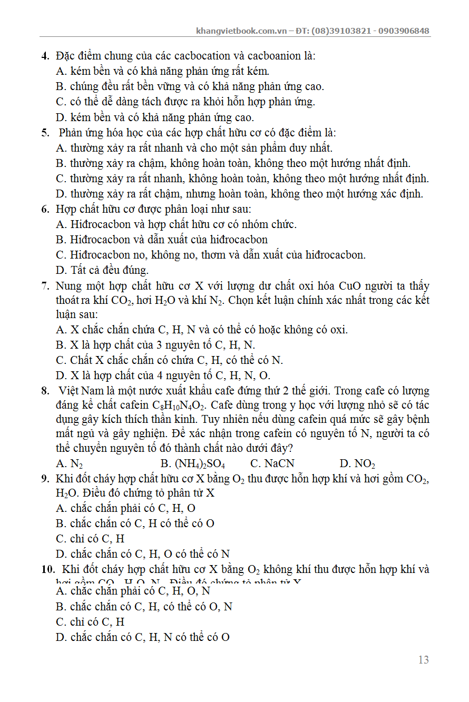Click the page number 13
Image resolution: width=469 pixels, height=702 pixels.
click(423, 660)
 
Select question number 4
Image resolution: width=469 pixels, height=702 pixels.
click(45, 56)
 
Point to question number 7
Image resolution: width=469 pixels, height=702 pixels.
click(45, 286)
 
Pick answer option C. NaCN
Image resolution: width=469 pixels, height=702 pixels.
click(272, 464)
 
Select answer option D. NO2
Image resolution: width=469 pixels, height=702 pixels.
click(357, 464)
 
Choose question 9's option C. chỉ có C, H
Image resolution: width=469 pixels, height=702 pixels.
click(90, 539)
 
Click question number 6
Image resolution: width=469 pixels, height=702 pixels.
click(45, 209)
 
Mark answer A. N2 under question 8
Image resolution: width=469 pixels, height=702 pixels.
click(70, 464)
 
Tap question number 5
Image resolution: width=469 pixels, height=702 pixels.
click(45, 133)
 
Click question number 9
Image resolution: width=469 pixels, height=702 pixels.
click(45, 479)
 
